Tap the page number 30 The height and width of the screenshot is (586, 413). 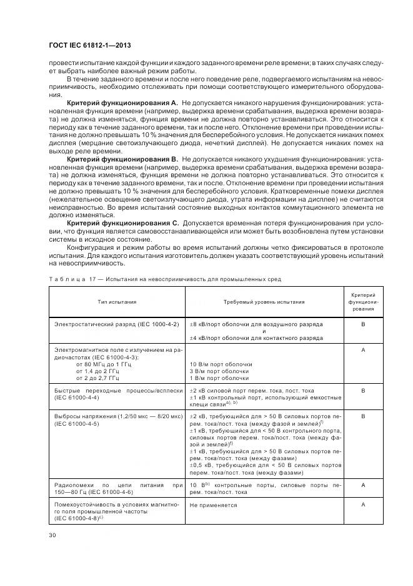coord(52,535)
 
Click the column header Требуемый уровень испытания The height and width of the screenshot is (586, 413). coord(264,302)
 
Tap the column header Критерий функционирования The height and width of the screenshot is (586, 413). coord(363,302)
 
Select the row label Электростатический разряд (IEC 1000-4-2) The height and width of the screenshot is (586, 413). coord(117,324)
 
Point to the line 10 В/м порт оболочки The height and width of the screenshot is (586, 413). coord(219,364)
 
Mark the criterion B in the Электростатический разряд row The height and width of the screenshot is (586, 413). coord(363,324)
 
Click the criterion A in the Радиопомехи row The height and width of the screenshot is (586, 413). coord(363,484)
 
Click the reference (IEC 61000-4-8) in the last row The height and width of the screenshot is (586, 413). coord(78,520)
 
